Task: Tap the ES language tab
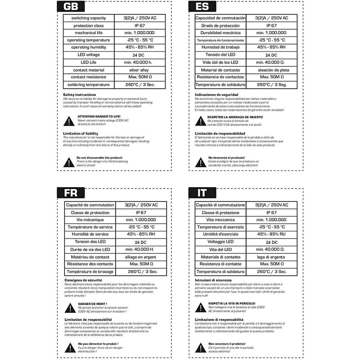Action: coord(200,8)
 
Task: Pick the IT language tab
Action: coord(200,193)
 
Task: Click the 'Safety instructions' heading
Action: coord(80,94)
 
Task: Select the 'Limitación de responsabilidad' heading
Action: coord(220,133)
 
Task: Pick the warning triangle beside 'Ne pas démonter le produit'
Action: coord(68,346)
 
